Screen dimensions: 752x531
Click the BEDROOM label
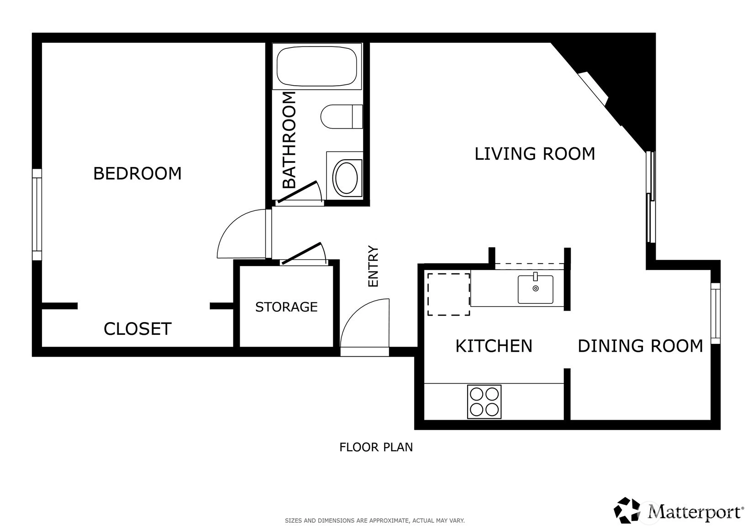pos(137,173)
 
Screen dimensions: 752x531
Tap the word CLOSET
pos(137,329)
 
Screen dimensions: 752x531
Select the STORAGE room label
pos(286,307)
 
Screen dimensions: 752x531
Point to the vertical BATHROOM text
pos(289,140)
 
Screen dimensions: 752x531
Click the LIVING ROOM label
pos(535,154)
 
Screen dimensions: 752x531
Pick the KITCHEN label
pos(494,346)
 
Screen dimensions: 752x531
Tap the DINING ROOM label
pos(640,346)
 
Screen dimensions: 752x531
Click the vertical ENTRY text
pos(373,266)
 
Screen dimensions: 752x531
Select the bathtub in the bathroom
pos(316,66)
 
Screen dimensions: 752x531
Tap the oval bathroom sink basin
pos(347,178)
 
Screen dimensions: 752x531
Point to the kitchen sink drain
pos(536,288)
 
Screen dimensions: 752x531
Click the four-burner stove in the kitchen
pos(484,401)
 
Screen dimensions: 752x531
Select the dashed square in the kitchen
pos(448,294)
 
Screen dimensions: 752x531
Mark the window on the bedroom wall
pos(37,214)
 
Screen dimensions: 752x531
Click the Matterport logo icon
pos(626,510)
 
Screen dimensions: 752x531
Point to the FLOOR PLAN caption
pos(376,447)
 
